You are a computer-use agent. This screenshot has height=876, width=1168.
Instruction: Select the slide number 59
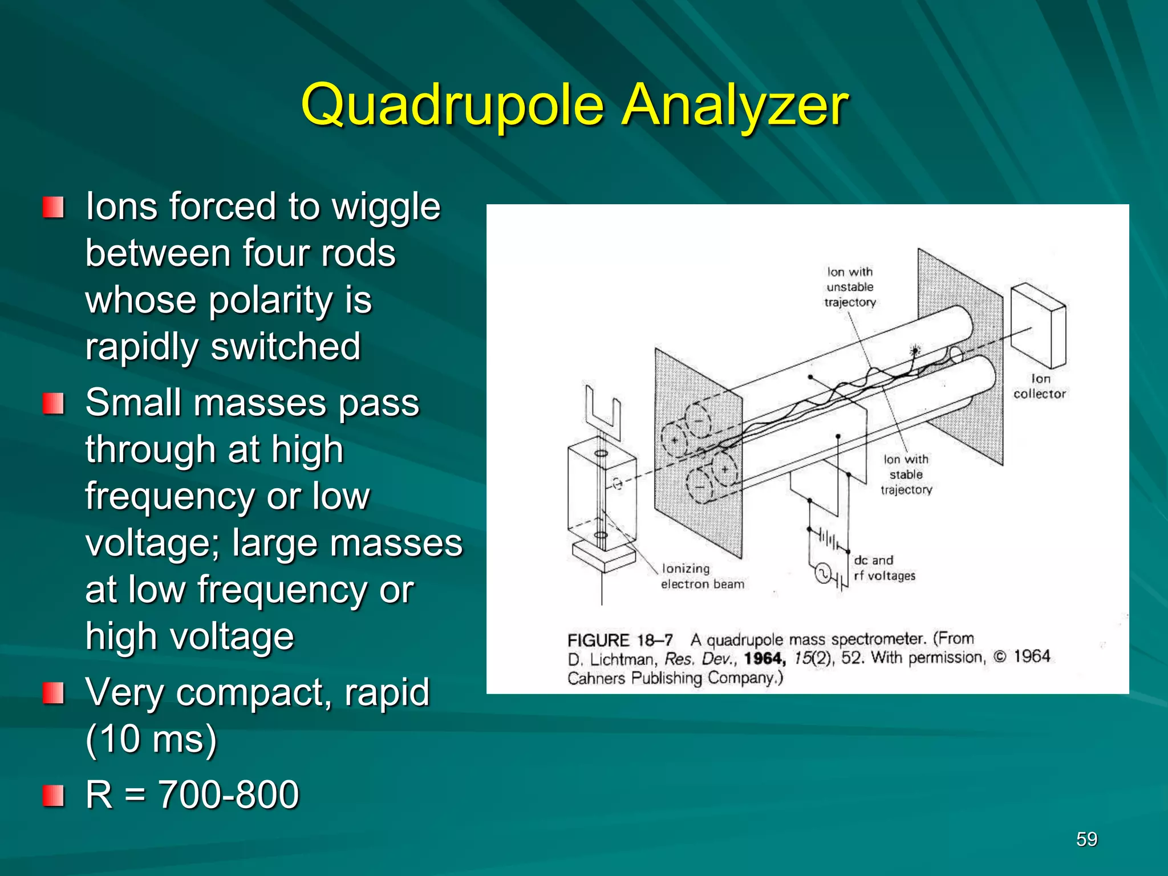point(1086,839)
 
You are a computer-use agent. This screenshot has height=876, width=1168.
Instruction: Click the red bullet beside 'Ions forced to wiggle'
point(53,208)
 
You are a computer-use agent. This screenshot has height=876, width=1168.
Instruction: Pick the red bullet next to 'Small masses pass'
point(53,404)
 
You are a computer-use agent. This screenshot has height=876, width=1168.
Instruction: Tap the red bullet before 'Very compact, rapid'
point(53,693)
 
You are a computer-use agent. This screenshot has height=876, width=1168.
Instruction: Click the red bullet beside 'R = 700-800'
point(53,795)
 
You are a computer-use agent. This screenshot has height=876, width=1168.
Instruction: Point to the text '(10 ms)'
point(151,740)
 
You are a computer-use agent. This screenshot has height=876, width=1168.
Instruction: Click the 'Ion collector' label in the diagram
point(1039,386)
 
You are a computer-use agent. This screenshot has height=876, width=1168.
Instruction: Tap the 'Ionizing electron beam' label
point(702,576)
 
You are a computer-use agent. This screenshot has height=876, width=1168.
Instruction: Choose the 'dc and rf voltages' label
point(884,568)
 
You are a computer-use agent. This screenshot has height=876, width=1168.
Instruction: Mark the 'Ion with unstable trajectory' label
point(850,287)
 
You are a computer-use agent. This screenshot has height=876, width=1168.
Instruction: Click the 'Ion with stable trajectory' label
point(906,474)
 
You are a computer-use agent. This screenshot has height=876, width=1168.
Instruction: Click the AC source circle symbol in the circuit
point(822,573)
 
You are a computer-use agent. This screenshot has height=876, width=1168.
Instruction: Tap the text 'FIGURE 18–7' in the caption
point(620,640)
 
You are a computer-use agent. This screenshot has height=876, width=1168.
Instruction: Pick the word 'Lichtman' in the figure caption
point(621,660)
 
